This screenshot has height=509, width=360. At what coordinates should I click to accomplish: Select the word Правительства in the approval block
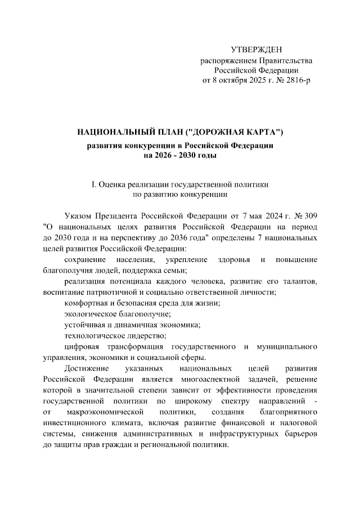point(284,60)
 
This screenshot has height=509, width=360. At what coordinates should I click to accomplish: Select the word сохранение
point(85,259)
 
